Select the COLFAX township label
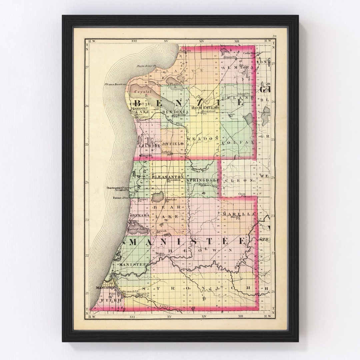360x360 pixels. coord(237,142)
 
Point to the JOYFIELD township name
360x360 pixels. coord(172,144)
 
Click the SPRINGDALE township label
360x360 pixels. coord(203,180)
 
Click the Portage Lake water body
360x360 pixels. coord(137,229)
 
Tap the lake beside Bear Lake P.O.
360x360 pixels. coord(158,196)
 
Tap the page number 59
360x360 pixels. coord(274,36)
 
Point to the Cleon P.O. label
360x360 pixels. coord(242,194)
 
